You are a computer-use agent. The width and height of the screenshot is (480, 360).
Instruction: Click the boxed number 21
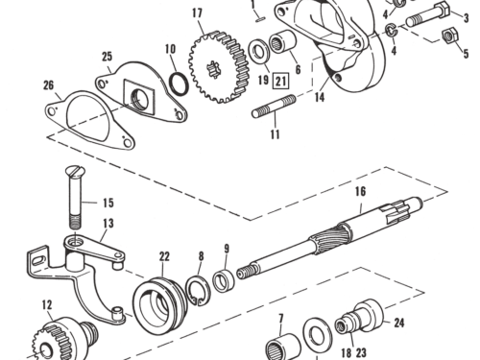point(280,81)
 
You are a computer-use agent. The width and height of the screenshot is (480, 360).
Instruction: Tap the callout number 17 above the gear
point(198,12)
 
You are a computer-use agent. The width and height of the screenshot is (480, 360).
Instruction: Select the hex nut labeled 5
point(449,36)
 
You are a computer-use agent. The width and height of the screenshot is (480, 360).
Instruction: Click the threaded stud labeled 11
point(274,107)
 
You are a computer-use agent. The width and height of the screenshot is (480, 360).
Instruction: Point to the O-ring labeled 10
point(179,84)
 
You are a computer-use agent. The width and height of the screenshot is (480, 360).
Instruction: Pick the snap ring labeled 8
point(198,291)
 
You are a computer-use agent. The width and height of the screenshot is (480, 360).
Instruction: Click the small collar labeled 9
point(224,280)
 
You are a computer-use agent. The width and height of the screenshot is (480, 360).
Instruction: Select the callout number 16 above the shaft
point(360,191)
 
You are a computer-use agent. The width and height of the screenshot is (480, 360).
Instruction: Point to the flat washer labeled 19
point(259,51)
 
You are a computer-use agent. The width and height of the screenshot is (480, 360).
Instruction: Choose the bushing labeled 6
point(283,42)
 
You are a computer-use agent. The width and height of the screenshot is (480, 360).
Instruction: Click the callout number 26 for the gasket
point(49,85)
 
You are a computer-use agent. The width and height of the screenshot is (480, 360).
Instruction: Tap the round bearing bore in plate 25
point(140,98)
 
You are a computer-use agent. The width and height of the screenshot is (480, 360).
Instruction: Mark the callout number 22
point(164,256)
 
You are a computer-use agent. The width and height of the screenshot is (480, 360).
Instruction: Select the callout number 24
point(399,323)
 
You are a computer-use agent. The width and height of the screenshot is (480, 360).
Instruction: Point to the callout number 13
point(108,223)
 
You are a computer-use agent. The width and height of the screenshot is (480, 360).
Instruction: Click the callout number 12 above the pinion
point(47,304)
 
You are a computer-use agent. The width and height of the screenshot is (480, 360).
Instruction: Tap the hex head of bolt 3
point(443,11)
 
